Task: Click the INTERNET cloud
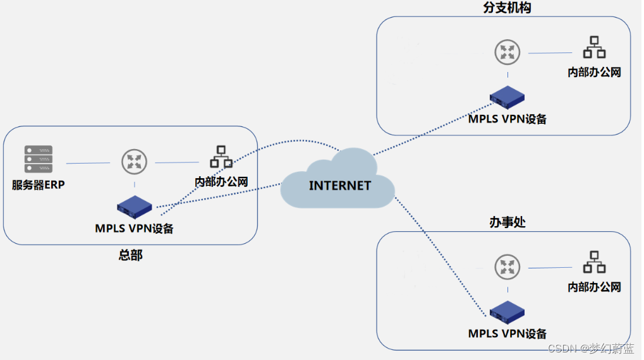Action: (x=339, y=183)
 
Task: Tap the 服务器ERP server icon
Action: (x=39, y=159)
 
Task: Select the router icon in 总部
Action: (x=134, y=162)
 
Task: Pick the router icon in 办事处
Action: (x=506, y=268)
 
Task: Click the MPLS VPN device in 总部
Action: (x=135, y=207)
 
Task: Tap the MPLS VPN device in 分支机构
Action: (x=507, y=97)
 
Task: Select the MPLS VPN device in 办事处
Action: (x=507, y=312)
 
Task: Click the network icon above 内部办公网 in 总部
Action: (x=221, y=157)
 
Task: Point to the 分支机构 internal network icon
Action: (x=594, y=48)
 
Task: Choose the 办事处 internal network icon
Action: (x=594, y=263)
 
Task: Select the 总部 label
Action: (x=130, y=255)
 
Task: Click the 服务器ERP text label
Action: (x=39, y=185)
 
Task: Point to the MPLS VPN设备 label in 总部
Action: (x=134, y=228)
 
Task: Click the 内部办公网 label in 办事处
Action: (x=594, y=287)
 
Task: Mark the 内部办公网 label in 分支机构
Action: (x=594, y=72)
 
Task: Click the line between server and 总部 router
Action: (x=88, y=164)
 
